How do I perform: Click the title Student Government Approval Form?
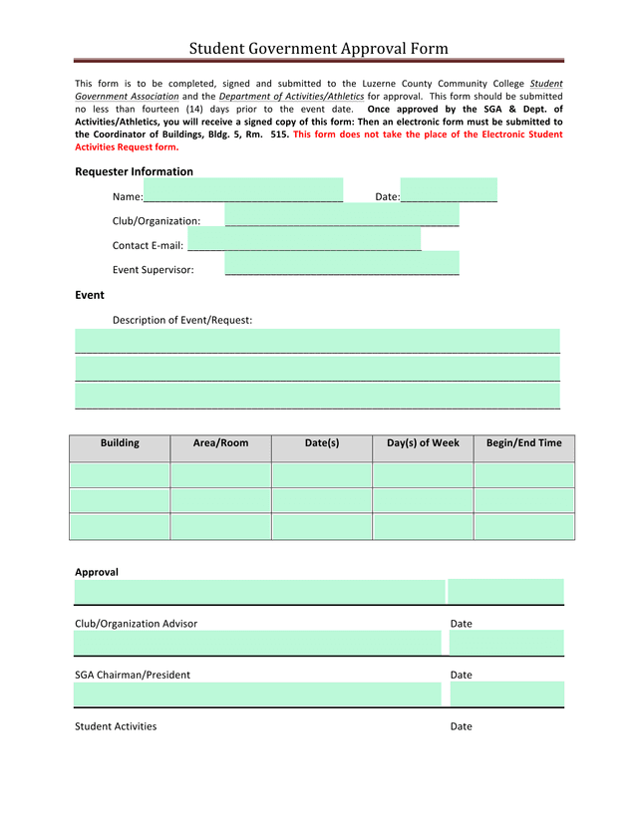[319, 48]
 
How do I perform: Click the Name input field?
[243, 190]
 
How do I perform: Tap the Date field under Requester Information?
[448, 190]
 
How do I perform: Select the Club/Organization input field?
[342, 215]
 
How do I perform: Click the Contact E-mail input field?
[304, 240]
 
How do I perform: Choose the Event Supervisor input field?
[342, 263]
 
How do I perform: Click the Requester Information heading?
[134, 171]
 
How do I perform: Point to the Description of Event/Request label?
[182, 320]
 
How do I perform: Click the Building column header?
[120, 443]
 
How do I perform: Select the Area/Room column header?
[220, 443]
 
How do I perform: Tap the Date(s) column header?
[322, 443]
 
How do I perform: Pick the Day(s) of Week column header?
[423, 443]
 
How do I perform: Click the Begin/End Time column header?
[523, 443]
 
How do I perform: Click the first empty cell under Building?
[120, 475]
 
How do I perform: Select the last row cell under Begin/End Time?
[523, 526]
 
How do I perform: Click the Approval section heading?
[97, 572]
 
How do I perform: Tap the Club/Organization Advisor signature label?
[136, 624]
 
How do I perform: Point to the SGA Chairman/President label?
[133, 675]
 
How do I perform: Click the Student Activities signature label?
[116, 726]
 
